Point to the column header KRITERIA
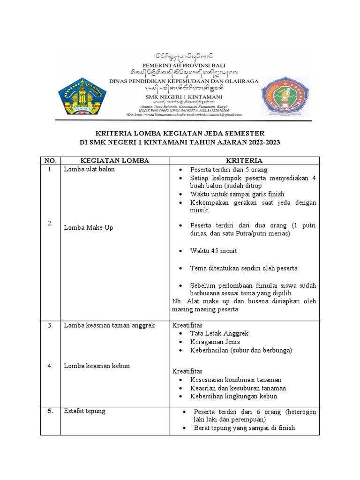click(x=244, y=161)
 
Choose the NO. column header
click(x=50, y=161)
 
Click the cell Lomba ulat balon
click(x=90, y=169)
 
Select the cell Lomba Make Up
click(x=89, y=227)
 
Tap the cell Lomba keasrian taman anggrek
click(x=109, y=325)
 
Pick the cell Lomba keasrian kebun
click(x=97, y=366)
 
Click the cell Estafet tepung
click(x=85, y=411)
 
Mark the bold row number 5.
click(x=50, y=411)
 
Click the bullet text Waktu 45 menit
click(x=213, y=251)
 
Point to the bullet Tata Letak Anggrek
click(x=219, y=333)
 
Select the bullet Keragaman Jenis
click(x=215, y=342)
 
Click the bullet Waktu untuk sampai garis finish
click(x=237, y=194)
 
